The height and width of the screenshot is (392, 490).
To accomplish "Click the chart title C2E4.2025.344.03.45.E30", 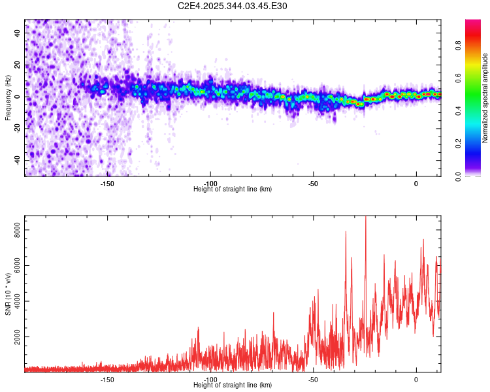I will coord(233,6).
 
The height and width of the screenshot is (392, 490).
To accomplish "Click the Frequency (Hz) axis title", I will coord(8,98).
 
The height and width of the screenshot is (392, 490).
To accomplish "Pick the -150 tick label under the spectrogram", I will coord(107,184).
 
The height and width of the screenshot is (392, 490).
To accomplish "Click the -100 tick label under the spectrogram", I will coord(210,184).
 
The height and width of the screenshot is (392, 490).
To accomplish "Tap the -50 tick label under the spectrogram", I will coord(314,184).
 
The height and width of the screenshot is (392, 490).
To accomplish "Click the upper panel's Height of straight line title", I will coord(233,189).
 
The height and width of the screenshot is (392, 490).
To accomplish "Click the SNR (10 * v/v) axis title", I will coord(8,294).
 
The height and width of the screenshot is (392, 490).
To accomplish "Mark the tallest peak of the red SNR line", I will coord(366,217).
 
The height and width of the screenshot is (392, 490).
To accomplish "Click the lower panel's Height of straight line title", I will coord(233,385).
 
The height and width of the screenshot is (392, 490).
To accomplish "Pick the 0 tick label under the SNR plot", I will coord(416,380).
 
